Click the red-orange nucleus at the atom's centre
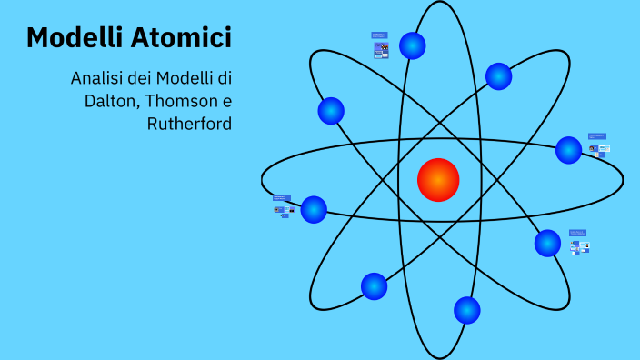[x=438, y=179]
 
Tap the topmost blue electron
[x=413, y=45]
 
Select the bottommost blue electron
[x=466, y=310]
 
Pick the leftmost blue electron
[x=314, y=209]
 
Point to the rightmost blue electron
[x=568, y=150]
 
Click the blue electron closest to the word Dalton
[x=331, y=111]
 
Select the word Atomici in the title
[x=186, y=38]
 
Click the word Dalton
[x=109, y=100]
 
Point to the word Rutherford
[x=189, y=123]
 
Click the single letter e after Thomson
[x=227, y=100]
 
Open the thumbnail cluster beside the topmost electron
[x=380, y=46]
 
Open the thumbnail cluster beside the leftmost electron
[x=283, y=205]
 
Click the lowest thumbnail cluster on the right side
[x=578, y=242]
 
